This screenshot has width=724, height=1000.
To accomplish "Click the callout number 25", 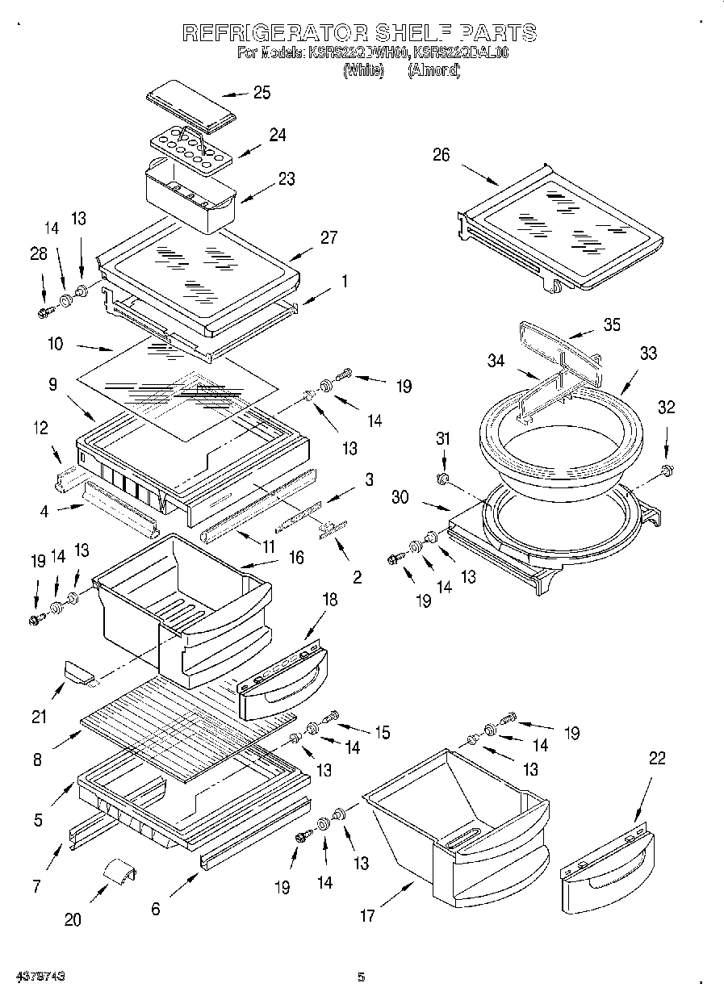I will pyautogui.click(x=262, y=92).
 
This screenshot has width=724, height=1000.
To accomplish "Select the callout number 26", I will pyautogui.click(x=441, y=155).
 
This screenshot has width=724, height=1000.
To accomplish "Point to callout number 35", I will pyautogui.click(x=612, y=324).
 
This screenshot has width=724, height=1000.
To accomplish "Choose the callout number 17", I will pyautogui.click(x=367, y=915).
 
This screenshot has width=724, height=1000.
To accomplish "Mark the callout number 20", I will pyautogui.click(x=72, y=919).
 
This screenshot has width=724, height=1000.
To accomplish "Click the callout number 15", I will pyautogui.click(x=381, y=732).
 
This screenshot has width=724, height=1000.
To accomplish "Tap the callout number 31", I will pyautogui.click(x=442, y=438).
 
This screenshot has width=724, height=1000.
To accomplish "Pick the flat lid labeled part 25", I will pyautogui.click(x=190, y=106).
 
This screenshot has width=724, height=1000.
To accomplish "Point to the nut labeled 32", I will pyautogui.click(x=666, y=470).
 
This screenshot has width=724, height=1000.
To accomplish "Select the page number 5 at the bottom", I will pyautogui.click(x=362, y=977).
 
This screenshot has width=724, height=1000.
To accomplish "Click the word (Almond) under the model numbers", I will pyautogui.click(x=433, y=71).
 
